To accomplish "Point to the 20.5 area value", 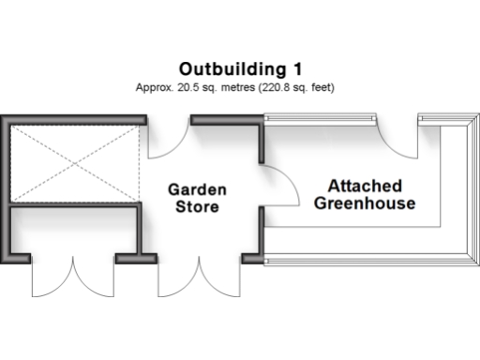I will tap(186, 86).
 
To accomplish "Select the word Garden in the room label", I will tap(197, 189).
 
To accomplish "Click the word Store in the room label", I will tap(197, 206).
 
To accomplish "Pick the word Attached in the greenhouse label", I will tap(364, 185).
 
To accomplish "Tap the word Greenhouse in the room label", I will tap(364, 202).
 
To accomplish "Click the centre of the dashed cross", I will tap(72, 160).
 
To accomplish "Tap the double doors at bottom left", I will tap(73, 277).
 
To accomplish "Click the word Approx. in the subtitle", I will tap(154, 86).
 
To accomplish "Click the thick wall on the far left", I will tap(5, 187).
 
